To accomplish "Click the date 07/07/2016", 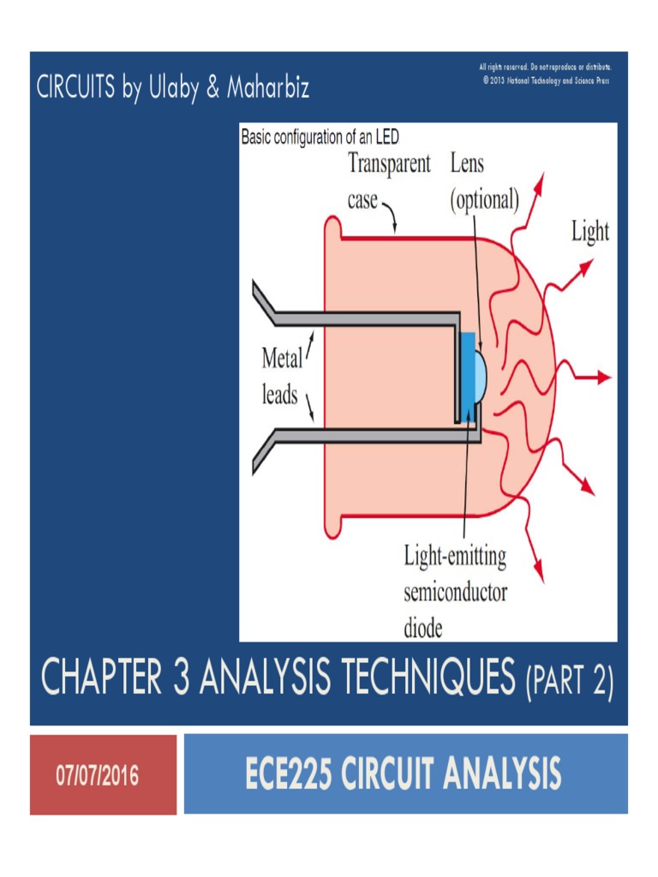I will coord(97,776).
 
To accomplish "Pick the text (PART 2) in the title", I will coord(568,683).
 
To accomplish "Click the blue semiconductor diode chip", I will coord(468,377).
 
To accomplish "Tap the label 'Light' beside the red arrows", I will coord(590,232).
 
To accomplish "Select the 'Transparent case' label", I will coord(387,182).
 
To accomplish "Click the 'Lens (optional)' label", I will coord(484,182).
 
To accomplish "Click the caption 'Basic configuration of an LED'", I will coord(320,136).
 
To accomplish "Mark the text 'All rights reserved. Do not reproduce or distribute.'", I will coord(550,67).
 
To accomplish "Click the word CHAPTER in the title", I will coord(98,682).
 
